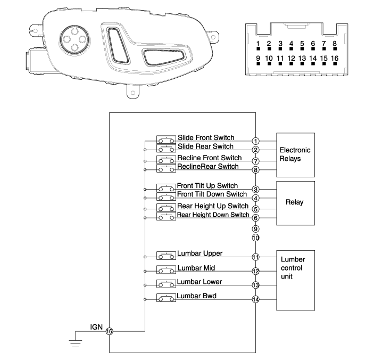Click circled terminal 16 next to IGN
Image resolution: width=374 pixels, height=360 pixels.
110,331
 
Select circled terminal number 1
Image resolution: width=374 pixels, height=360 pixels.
256,141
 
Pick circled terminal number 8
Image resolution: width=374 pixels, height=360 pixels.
256,170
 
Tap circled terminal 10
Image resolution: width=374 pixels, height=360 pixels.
256,238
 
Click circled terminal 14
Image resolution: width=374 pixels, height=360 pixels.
256,300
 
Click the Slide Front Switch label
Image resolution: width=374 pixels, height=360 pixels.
206,137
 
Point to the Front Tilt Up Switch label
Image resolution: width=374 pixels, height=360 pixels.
207,186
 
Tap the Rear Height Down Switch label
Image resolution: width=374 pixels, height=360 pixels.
213,215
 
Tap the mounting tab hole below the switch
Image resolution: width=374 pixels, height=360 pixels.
131,93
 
